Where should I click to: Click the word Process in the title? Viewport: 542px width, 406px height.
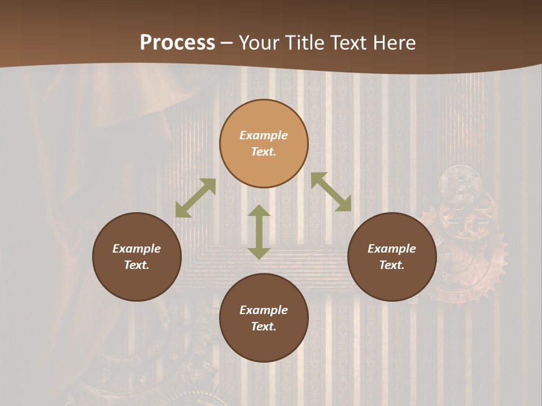[x=177, y=43]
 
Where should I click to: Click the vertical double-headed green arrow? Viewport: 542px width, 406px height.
[x=259, y=232]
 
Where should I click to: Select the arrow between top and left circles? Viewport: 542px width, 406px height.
[x=195, y=198]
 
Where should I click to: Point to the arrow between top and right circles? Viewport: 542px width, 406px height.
[x=331, y=192]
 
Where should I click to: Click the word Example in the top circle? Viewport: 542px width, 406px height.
[x=264, y=135]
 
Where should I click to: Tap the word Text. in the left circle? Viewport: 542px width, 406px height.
[x=137, y=265]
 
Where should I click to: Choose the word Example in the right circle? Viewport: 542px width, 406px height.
[x=392, y=249]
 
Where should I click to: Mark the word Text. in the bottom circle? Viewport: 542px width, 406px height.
[x=264, y=326]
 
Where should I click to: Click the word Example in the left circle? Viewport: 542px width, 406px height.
[x=137, y=249]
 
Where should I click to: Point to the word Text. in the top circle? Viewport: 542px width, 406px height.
[x=264, y=152]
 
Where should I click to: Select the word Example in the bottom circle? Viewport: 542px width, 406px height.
[x=264, y=310]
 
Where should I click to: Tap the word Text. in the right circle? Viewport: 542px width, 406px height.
[x=392, y=265]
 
